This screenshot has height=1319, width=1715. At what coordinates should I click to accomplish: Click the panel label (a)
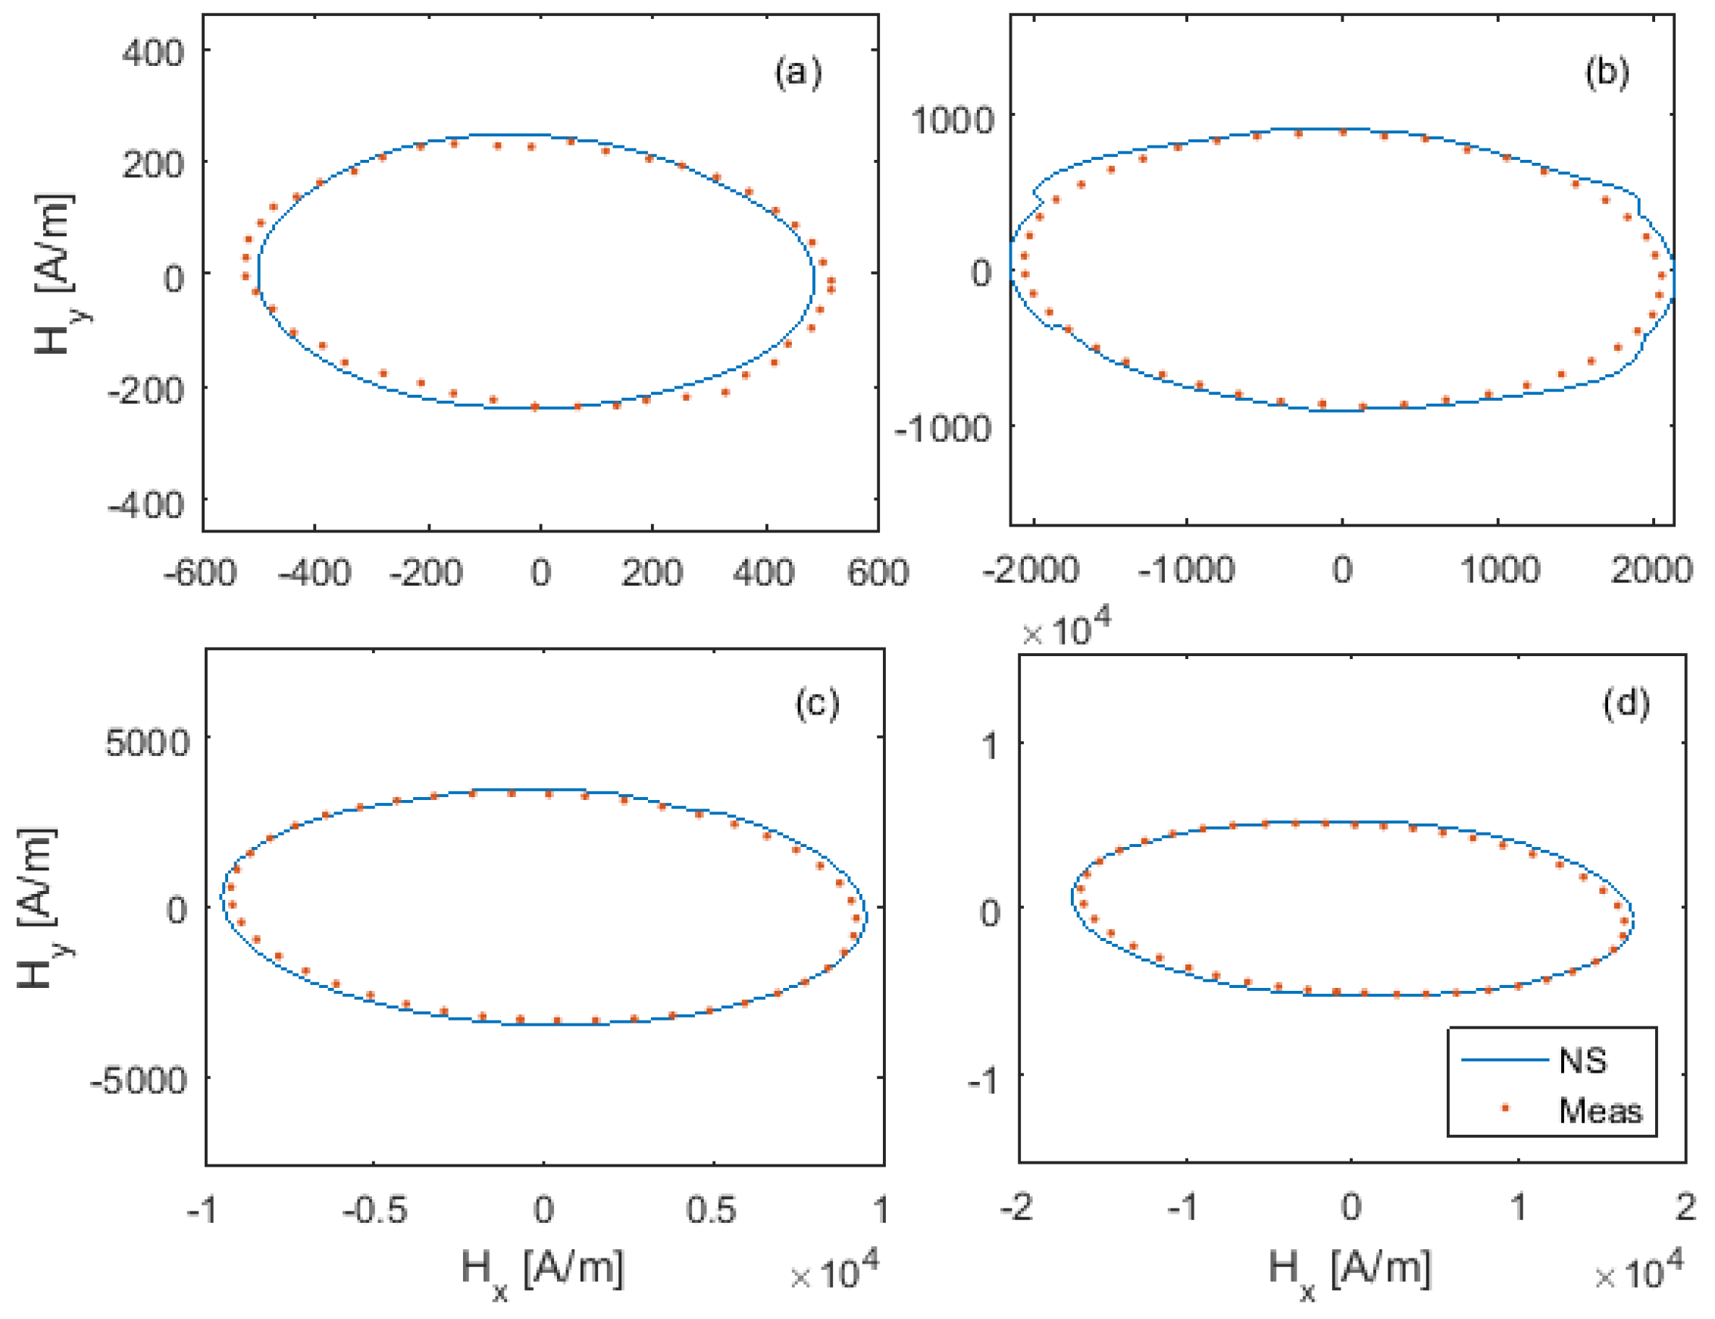pyautogui.click(x=798, y=73)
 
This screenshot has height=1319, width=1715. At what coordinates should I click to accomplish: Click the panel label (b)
pyautogui.click(x=1607, y=72)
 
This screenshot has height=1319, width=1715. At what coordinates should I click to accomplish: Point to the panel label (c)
pyautogui.click(x=817, y=704)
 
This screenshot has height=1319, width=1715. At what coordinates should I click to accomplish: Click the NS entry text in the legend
pyautogui.click(x=1583, y=1061)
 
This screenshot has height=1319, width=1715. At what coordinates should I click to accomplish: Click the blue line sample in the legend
pyautogui.click(x=1504, y=1061)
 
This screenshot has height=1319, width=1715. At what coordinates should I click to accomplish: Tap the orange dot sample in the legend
pyautogui.click(x=1505, y=1108)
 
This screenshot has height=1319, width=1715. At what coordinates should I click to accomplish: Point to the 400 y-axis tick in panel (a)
pyautogui.click(x=153, y=53)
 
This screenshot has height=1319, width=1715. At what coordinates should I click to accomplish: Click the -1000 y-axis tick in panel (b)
pyautogui.click(x=943, y=429)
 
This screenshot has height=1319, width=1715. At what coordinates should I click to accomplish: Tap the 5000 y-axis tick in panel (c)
pyautogui.click(x=148, y=742)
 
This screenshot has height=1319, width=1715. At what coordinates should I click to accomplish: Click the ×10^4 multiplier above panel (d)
pyautogui.click(x=1066, y=630)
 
